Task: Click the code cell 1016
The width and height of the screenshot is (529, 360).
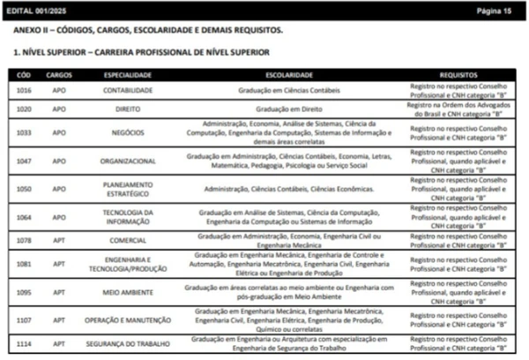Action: (24, 90)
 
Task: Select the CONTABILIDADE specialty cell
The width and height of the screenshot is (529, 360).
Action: (128, 90)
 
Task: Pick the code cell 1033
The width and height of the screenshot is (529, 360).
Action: (24, 132)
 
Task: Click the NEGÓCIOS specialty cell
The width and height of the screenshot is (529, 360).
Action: (128, 132)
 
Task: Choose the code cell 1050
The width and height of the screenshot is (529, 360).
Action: (24, 189)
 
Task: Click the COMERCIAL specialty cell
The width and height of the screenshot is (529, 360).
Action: (128, 240)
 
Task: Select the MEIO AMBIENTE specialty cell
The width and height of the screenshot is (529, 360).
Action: (128, 291)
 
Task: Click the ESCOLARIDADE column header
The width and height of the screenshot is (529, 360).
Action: (288, 75)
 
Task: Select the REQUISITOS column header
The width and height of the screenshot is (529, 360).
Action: (458, 75)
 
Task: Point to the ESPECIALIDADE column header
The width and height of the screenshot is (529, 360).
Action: (128, 75)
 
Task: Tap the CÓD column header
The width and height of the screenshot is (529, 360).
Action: (24, 75)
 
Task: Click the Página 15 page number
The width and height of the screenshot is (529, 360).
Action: (494, 11)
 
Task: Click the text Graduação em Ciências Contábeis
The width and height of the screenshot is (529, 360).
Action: (288, 90)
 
